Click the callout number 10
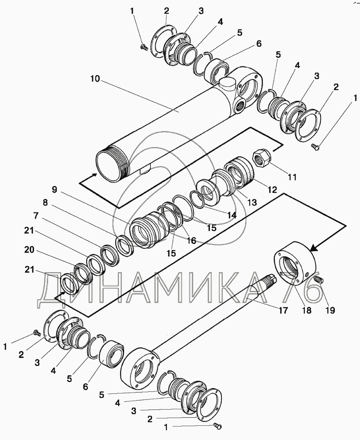pyautogui.click(x=95, y=79)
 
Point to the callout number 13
pyautogui.click(x=251, y=202)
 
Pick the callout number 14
pyautogui.click(x=232, y=215)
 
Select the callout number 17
pyautogui.click(x=284, y=310)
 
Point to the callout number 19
pyautogui.click(x=330, y=310)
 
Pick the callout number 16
pyautogui.click(x=191, y=241)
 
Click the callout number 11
pyautogui.click(x=292, y=177)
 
